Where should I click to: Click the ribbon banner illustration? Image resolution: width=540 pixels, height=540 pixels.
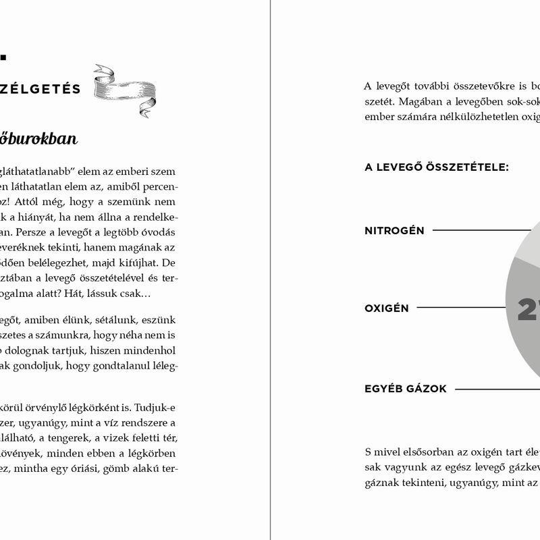click(x=125, y=88)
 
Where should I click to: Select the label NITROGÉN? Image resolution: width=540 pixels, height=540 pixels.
click(x=394, y=231)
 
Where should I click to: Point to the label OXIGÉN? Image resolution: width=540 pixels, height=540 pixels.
click(x=387, y=308)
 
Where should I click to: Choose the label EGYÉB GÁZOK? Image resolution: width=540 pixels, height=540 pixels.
click(x=406, y=389)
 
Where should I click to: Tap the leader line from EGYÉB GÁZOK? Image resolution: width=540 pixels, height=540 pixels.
click(x=497, y=389)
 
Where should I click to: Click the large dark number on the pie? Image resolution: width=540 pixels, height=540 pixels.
click(x=528, y=310)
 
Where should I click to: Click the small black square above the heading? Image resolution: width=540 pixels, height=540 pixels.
click(x=3, y=57)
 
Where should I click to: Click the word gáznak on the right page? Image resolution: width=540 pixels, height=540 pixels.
click(x=381, y=483)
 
